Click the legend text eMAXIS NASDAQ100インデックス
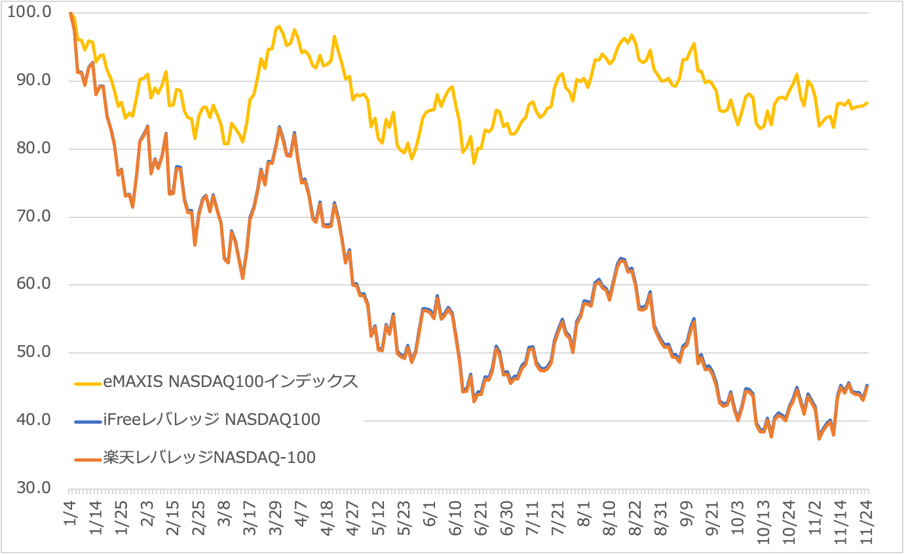coord(231,382)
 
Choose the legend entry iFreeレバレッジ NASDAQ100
coord(212,419)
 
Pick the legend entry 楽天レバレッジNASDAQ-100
coord(209,457)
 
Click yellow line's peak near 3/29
coord(279,26)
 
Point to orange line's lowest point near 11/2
coord(819,439)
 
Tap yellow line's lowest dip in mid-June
coord(474,162)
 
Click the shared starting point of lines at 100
coord(69,13)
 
